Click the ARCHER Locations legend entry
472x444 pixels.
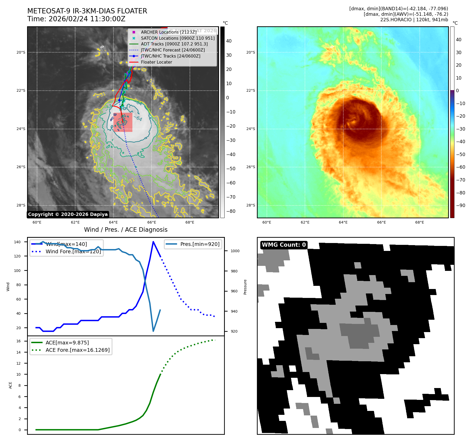tap(168, 32)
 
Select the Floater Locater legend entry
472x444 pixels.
tap(156, 62)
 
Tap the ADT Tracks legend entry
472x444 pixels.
tap(174, 44)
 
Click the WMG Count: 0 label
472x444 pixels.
tap(284, 245)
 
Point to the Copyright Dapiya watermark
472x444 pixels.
tap(68, 214)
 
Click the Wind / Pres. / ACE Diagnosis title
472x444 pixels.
tap(126, 230)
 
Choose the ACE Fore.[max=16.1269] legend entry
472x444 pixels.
tap(77, 350)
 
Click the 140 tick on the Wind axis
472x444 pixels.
tap(17, 242)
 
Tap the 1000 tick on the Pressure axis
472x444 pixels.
tap(235, 251)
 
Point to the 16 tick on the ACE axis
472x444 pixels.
tap(19, 341)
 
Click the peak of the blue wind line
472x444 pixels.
tap(153, 242)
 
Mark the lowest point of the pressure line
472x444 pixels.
tap(153, 331)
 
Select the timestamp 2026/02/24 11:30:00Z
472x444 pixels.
tap(87, 19)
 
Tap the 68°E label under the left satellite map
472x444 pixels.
tap(190, 222)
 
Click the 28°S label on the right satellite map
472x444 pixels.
tap(251, 205)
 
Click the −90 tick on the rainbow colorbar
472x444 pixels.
tap(460, 205)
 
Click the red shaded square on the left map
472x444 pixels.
tap(123, 122)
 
